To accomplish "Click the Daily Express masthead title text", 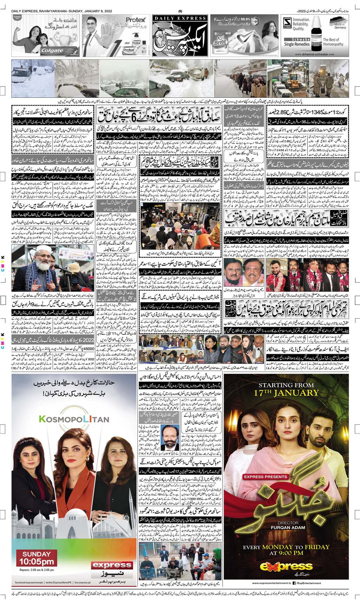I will [x=180, y=18].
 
